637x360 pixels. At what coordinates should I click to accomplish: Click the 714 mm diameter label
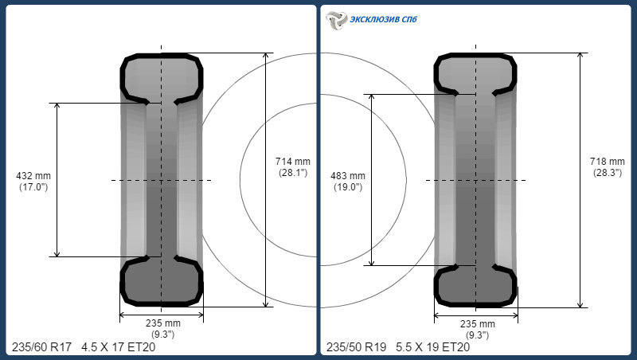(292, 162)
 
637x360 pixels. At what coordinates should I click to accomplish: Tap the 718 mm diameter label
(608, 162)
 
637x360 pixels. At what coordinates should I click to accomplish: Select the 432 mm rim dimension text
(33, 176)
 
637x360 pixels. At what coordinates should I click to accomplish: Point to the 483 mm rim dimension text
(348, 176)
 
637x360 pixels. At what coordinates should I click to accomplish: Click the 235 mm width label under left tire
(163, 323)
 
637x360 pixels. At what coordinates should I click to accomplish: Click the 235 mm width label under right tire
(477, 324)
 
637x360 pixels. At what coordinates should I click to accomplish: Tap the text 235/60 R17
(41, 347)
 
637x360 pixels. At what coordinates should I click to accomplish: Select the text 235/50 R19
(356, 347)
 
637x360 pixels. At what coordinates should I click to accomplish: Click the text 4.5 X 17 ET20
(118, 347)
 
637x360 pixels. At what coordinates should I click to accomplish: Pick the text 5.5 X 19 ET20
(432, 347)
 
